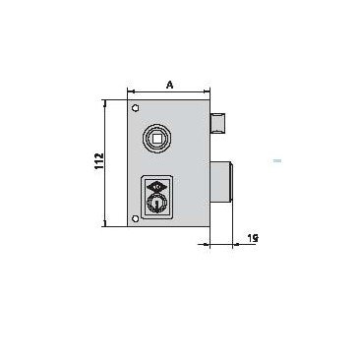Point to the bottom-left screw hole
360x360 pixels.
tap(136, 218)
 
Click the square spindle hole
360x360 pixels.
tap(157, 142)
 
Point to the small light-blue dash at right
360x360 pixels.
tap(277, 159)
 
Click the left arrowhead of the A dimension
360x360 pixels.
tap(130, 94)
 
